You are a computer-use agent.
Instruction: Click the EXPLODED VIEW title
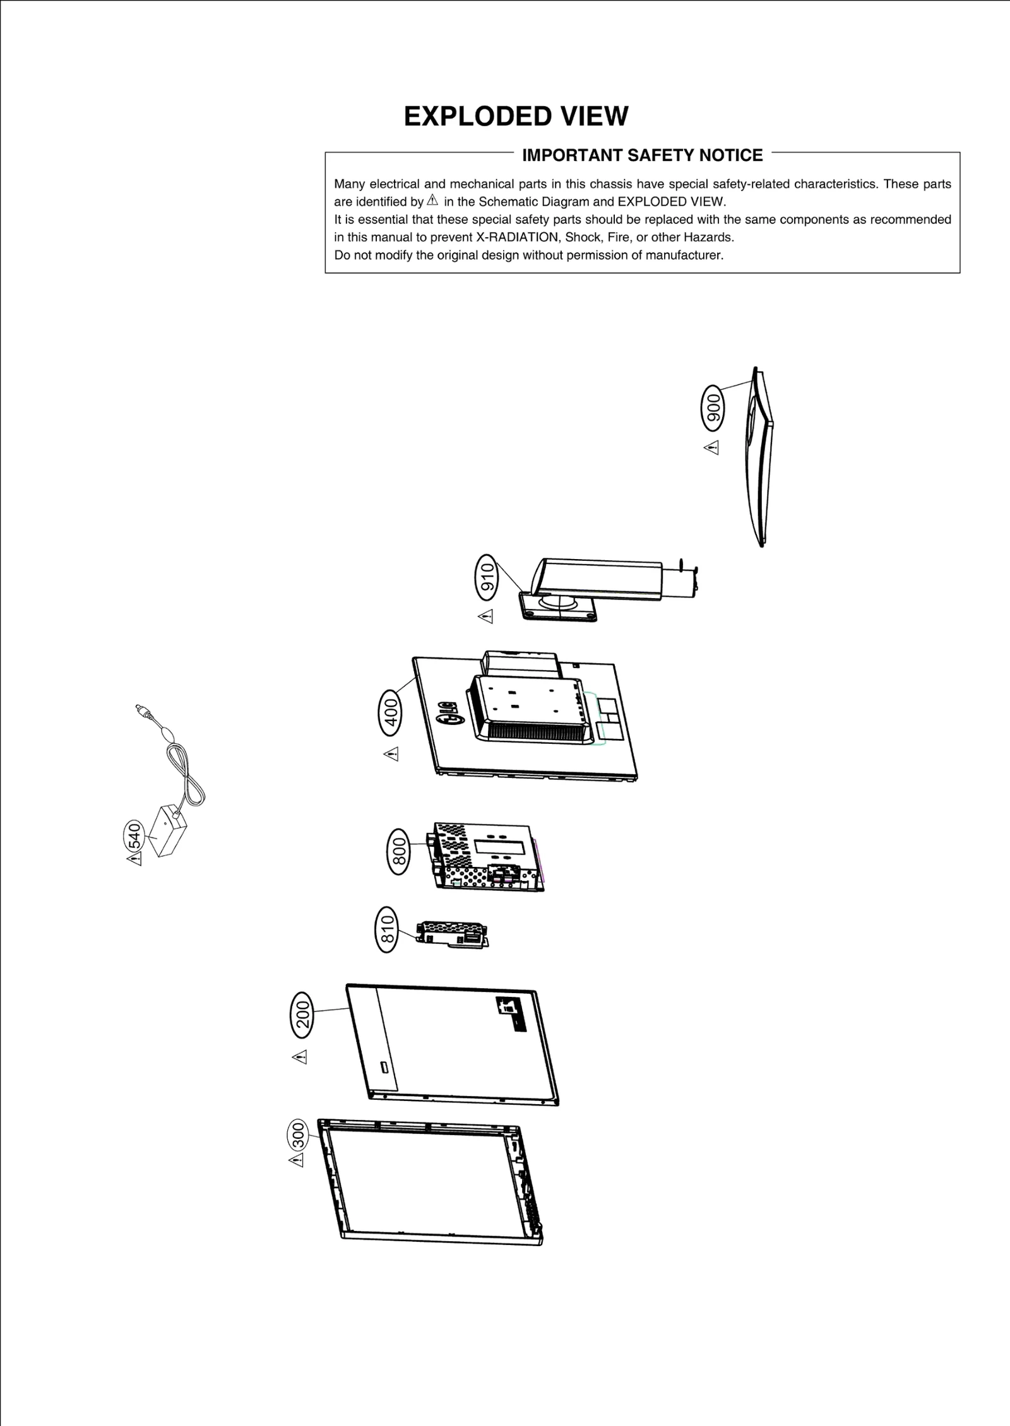tap(516, 117)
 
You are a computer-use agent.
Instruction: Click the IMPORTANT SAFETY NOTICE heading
tap(642, 155)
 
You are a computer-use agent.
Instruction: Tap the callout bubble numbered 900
tap(713, 408)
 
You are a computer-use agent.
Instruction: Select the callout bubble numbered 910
tap(487, 577)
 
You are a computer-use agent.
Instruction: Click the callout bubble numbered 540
tap(134, 837)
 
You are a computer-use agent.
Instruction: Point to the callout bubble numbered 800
tap(398, 852)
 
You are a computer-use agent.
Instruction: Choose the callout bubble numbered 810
tap(387, 929)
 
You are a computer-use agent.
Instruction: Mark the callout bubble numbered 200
tap(302, 1015)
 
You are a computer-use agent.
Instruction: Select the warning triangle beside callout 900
tap(711, 448)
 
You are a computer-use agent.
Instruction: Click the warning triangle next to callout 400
tap(391, 754)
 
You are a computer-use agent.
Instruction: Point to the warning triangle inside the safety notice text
tap(432, 201)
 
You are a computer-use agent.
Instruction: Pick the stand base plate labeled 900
tap(761, 457)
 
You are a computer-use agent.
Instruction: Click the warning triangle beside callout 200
tap(300, 1056)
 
